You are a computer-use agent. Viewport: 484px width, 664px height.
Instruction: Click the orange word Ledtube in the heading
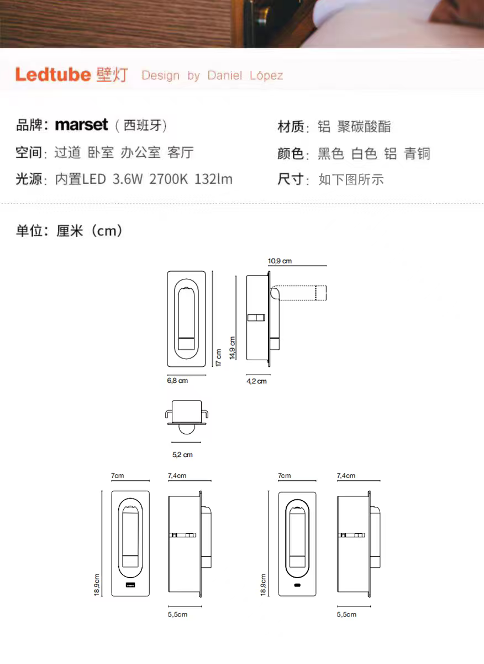point(52,75)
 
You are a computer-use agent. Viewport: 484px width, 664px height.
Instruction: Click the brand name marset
point(81,125)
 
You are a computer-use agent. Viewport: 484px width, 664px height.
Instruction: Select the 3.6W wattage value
point(127,179)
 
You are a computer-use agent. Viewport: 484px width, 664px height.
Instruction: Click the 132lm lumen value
point(213,179)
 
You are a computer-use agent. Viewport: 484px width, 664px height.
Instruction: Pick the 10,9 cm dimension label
point(280,261)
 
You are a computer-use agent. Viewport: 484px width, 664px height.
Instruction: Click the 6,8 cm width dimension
point(177,381)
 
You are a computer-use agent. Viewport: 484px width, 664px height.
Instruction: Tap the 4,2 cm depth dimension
point(256,381)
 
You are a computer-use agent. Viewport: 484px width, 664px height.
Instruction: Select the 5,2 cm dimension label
point(182,455)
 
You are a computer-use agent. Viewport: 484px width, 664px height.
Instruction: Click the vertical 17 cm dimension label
point(219,357)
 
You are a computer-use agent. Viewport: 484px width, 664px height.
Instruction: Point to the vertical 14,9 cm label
point(233,348)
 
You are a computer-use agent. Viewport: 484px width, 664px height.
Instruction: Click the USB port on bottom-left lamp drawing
point(130,585)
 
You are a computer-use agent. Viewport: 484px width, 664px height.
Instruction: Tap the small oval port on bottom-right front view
point(297,585)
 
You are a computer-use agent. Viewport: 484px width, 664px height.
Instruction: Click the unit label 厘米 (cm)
point(89,231)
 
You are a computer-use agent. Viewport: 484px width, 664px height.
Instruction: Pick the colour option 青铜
point(417,154)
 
